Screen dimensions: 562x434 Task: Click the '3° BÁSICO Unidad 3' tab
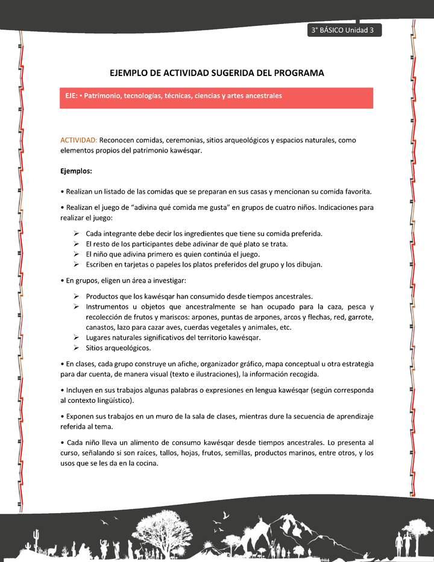[344, 31]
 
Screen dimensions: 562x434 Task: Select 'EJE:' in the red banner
[73, 96]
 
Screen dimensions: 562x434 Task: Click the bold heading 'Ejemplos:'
[76, 171]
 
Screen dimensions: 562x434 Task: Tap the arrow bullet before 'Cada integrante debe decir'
[77, 233]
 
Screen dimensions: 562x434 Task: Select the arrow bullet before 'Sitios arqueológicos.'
[77, 348]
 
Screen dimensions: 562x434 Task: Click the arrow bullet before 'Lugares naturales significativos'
[77, 338]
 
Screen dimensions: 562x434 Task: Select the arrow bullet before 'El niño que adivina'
[77, 254]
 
